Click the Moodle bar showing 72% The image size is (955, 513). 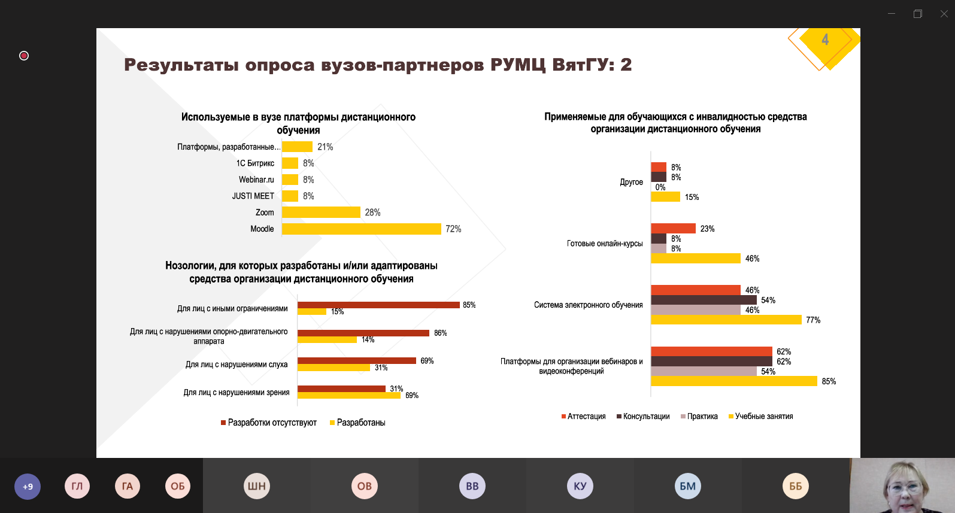click(361, 229)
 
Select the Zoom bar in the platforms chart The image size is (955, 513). click(321, 213)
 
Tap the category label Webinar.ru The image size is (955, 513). click(256, 180)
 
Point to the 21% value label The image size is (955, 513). click(325, 147)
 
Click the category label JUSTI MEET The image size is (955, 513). click(253, 196)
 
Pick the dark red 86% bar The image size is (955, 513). click(363, 333)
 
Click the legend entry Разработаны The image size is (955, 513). click(360, 423)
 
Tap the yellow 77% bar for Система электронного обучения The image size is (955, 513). click(726, 320)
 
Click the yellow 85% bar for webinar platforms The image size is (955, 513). click(733, 381)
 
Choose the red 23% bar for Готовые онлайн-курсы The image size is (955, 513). click(673, 228)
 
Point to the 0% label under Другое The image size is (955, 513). click(660, 187)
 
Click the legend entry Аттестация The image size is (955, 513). click(586, 417)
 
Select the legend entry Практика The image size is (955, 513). click(702, 417)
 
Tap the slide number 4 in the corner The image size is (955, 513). click(825, 40)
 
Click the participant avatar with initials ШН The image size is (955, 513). click(257, 486)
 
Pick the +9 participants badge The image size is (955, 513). click(28, 486)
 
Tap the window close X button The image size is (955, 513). click(944, 14)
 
